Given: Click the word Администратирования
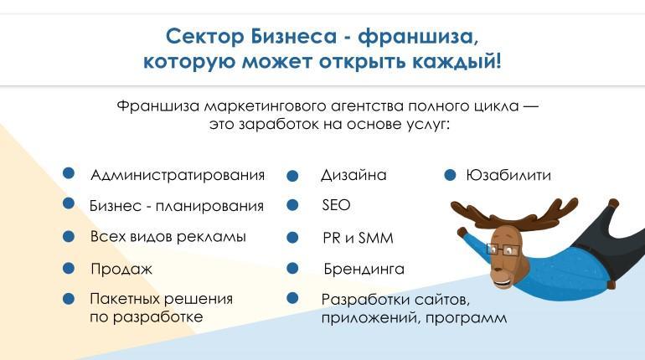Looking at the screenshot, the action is point(178,176).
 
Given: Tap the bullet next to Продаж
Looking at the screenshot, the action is point(69,269).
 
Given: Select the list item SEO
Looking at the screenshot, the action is point(336,205).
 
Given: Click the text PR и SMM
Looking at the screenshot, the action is point(358,238).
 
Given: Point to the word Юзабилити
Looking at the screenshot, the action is point(508,176).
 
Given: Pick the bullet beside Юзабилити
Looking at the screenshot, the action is point(450,176).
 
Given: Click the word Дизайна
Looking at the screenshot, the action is point(353,176).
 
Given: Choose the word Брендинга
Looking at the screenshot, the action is point(364,270).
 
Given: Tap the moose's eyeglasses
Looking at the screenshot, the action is point(504,249).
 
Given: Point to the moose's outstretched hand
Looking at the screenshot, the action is point(462,232).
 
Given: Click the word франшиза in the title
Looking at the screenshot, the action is point(418,36).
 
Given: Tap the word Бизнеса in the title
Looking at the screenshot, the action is point(294,36).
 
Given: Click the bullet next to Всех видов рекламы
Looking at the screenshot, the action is point(69,237).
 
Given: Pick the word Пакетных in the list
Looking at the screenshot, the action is point(126,299).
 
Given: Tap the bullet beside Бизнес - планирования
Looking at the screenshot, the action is point(69,203).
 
